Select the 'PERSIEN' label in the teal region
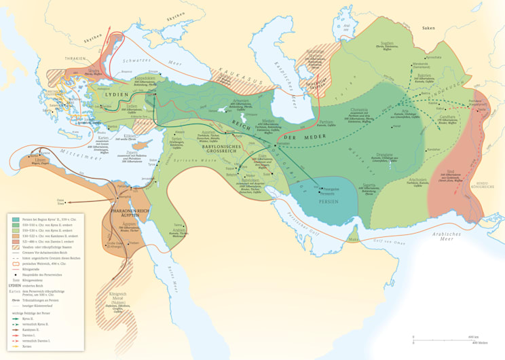pos(331,202)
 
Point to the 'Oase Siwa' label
pos(60,201)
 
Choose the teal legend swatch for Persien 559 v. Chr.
pos(15,219)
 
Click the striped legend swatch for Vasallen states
pos(15,247)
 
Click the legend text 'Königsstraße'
pos(33,268)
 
